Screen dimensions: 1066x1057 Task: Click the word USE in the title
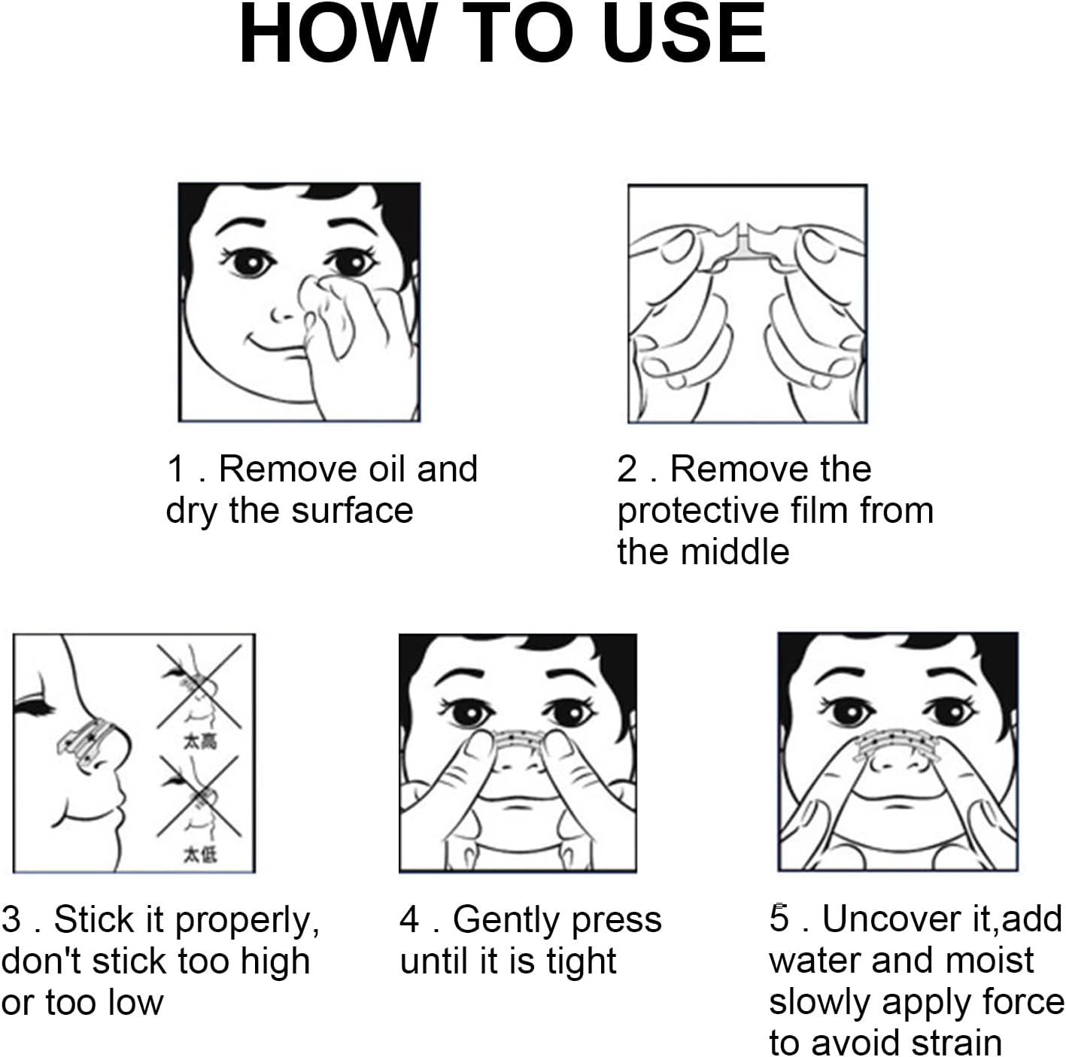pos(685,35)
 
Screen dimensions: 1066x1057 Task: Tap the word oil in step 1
pos(387,469)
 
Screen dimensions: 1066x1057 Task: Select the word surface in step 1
pos(352,510)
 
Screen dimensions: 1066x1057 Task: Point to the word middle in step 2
pos(735,551)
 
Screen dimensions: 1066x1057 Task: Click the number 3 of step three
pos(11,920)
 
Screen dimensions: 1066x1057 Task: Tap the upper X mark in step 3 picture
pos(199,687)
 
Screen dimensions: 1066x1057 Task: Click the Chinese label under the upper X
pos(200,742)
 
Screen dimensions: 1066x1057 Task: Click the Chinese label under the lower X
pos(200,855)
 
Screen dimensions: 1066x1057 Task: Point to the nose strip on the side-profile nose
pos(89,742)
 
